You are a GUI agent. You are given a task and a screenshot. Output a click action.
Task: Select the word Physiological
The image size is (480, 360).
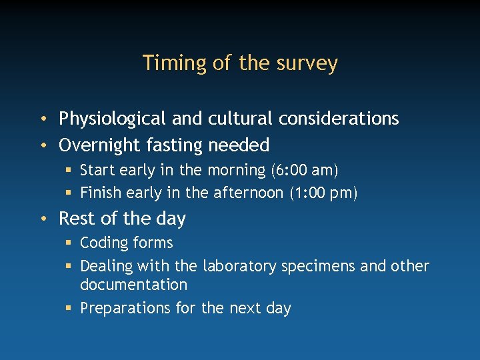112,119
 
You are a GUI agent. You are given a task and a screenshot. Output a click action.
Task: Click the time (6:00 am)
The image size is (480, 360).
305,171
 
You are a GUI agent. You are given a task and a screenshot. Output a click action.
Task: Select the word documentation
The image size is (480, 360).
133,285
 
